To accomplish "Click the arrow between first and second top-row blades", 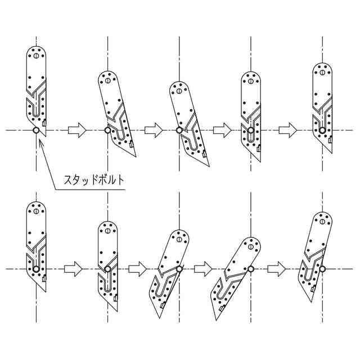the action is (x=77, y=130).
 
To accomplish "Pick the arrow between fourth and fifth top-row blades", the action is (x=288, y=130).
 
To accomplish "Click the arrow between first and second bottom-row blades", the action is (x=73, y=269).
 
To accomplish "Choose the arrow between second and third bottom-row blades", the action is (x=138, y=269).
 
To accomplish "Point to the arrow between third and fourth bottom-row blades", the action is (x=202, y=269).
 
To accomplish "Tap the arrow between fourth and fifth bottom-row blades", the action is (x=277, y=269).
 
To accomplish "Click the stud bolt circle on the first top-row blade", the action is (x=36, y=130).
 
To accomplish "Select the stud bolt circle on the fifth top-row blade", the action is (x=322, y=130).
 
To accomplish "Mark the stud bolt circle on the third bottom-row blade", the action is (x=179, y=269).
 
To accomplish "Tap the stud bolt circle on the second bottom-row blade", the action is (x=107, y=269).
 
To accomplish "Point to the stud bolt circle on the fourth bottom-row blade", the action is (x=250, y=269).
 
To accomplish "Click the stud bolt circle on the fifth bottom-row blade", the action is (x=322, y=269).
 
